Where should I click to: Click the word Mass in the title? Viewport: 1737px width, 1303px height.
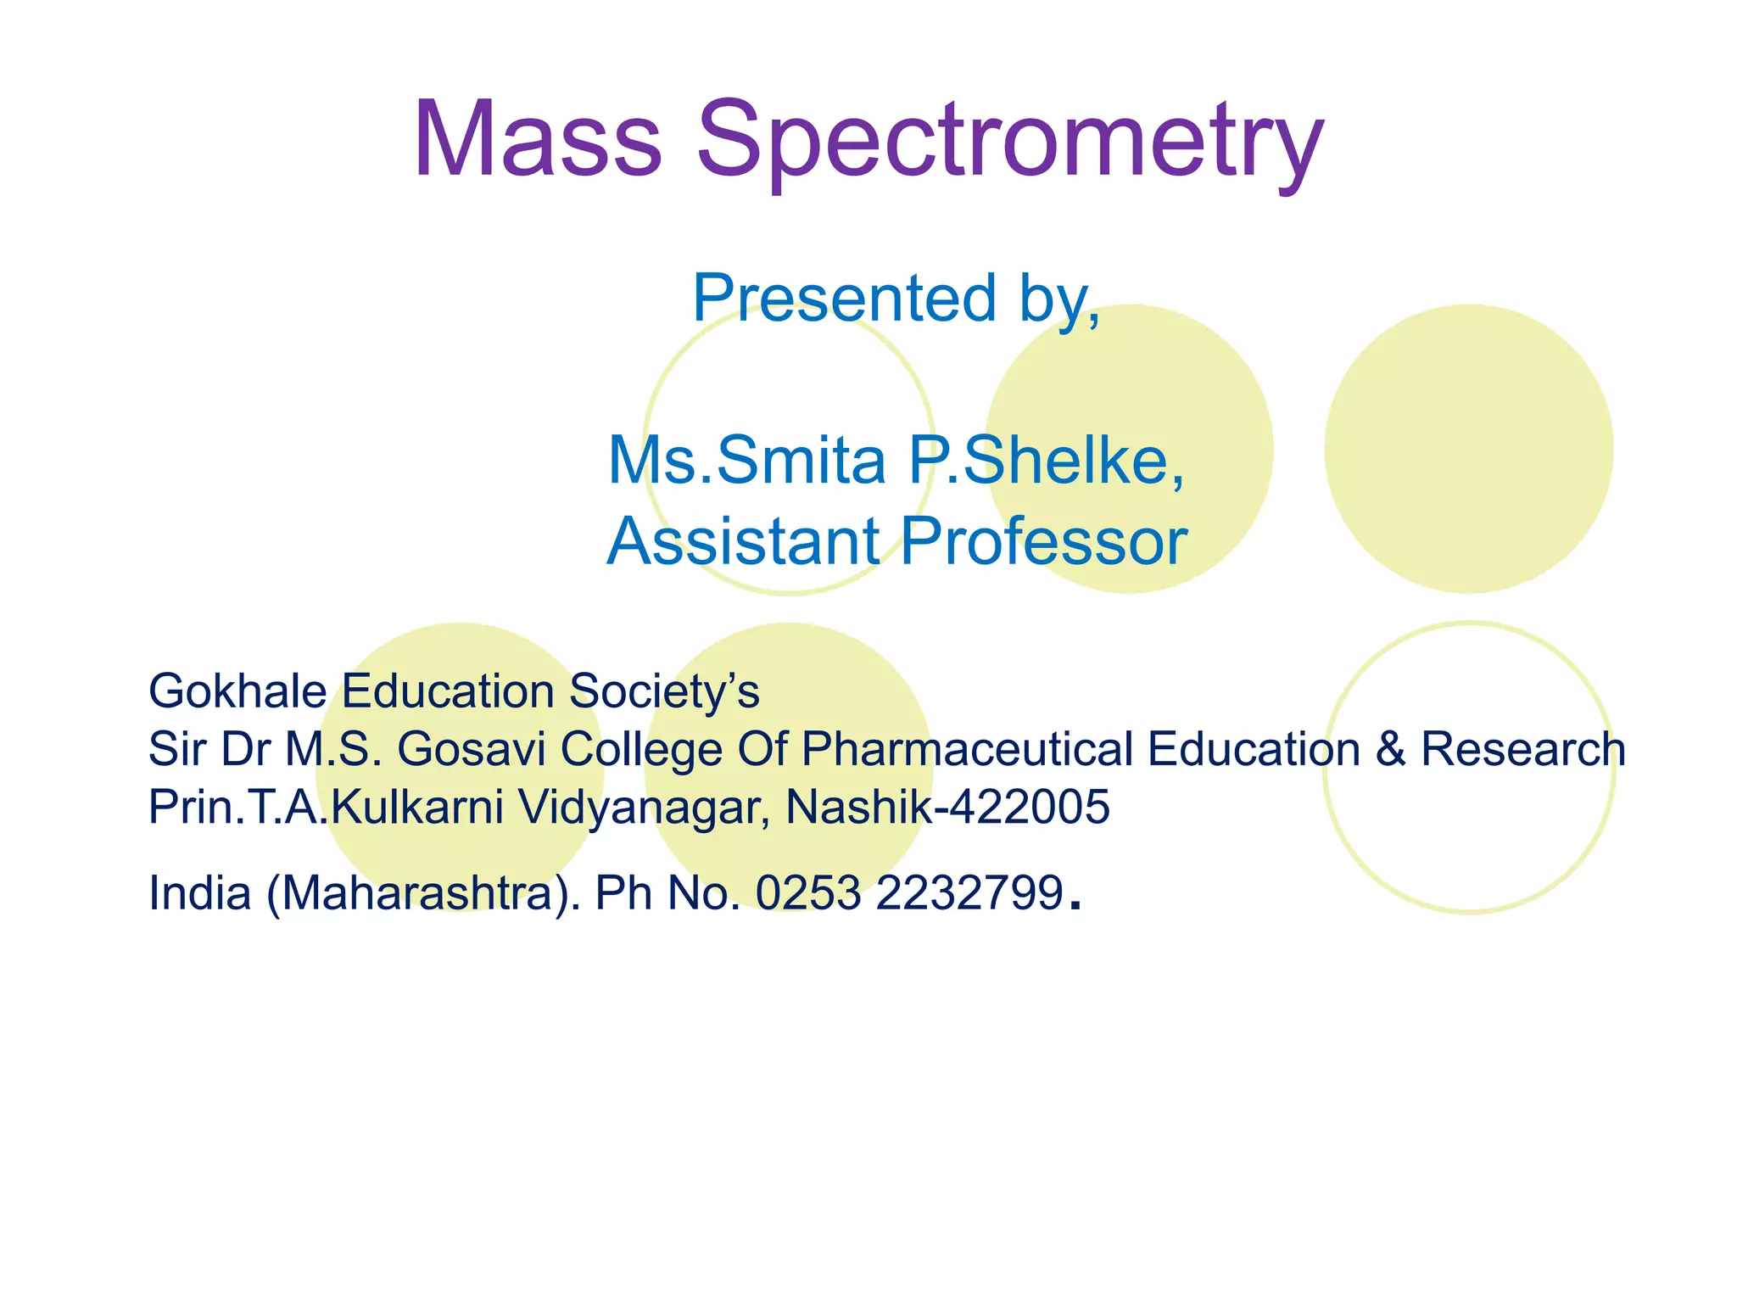[x=536, y=140]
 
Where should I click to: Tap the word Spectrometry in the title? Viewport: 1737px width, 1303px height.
[x=1009, y=144]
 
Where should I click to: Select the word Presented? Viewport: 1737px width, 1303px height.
[x=844, y=299]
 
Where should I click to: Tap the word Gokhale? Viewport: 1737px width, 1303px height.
[x=237, y=691]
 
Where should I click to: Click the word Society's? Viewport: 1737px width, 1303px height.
[x=664, y=691]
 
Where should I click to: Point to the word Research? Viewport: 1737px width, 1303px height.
[x=1522, y=749]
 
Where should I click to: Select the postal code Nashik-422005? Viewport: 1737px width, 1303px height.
[x=947, y=807]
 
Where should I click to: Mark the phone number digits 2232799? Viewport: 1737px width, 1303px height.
[x=969, y=893]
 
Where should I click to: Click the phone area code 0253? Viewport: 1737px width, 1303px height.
[x=807, y=893]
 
